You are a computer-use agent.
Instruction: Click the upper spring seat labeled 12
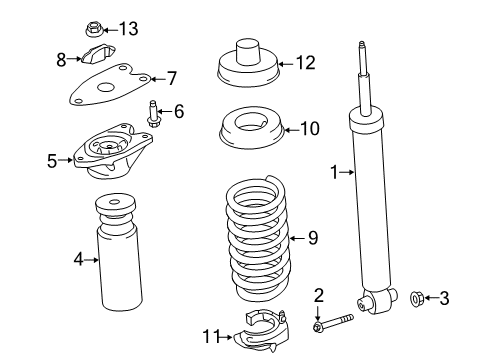coord(246,66)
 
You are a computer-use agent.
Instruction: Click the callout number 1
coord(335,173)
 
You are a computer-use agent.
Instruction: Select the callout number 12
coord(305,63)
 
